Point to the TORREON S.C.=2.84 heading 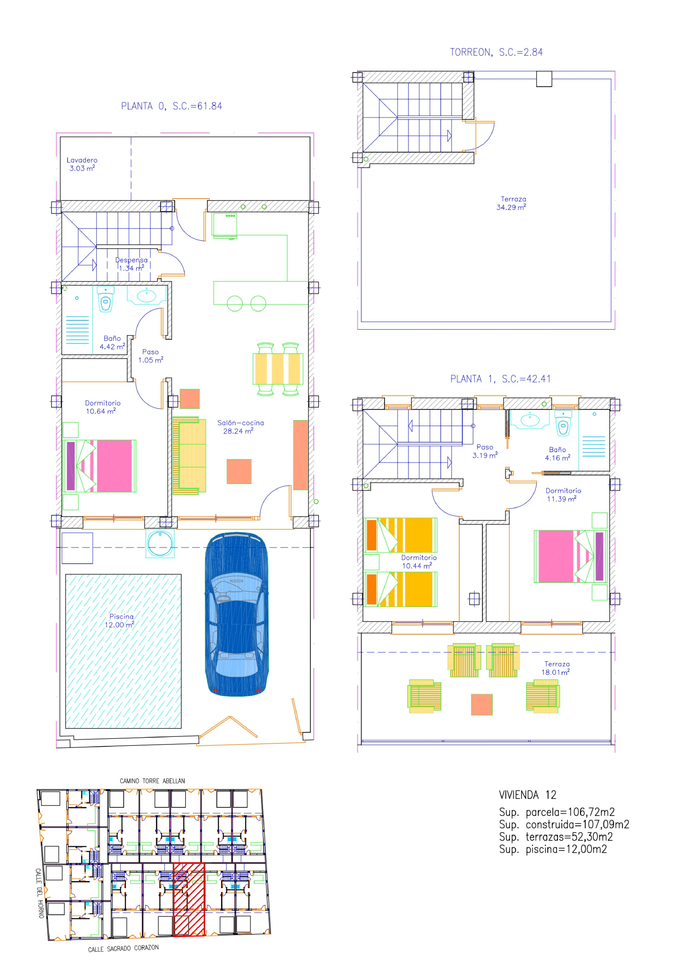click(x=496, y=52)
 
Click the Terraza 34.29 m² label click(x=512, y=203)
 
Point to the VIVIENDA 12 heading click(x=528, y=795)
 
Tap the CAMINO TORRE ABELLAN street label click(x=152, y=781)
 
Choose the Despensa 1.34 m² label click(x=132, y=264)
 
